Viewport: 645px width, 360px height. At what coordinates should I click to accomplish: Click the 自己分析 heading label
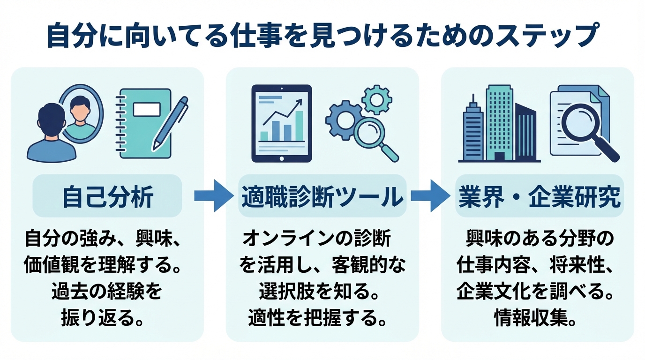107,197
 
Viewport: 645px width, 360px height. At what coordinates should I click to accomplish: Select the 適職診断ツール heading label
322,197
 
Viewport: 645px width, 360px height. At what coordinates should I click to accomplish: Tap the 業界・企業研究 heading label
539,197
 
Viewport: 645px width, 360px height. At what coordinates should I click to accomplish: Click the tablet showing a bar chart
281,123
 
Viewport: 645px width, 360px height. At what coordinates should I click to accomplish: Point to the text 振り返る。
103,318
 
